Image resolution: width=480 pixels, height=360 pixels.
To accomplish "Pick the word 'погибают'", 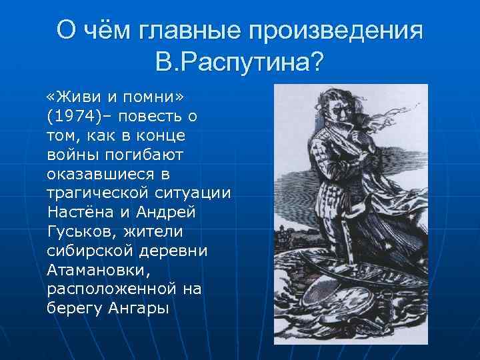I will (x=143, y=154).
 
